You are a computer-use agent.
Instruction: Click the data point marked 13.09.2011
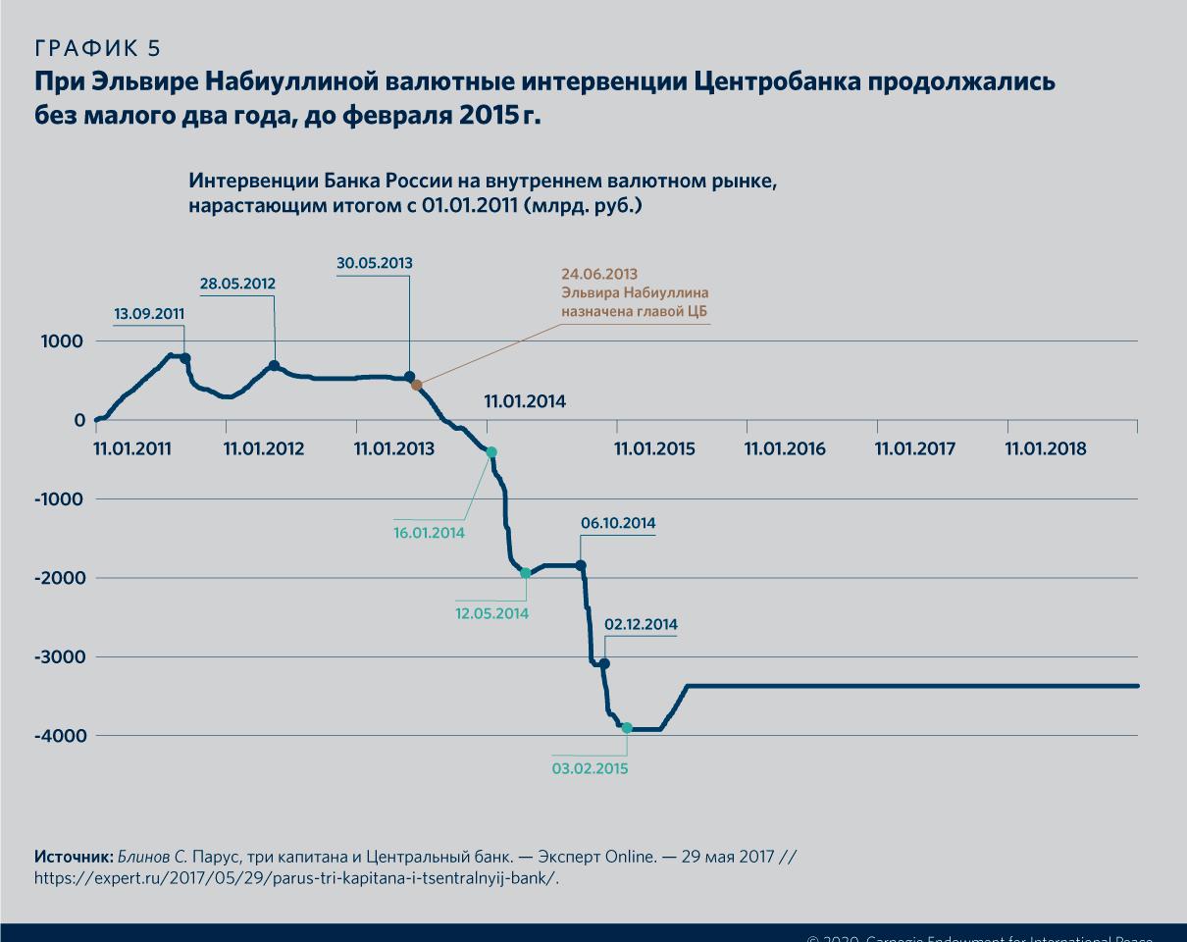coord(185,359)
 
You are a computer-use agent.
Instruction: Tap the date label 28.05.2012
coord(237,284)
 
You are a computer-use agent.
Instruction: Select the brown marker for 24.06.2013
coord(417,386)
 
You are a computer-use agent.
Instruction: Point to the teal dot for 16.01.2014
coord(491,452)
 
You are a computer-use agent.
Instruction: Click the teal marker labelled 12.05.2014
coord(526,573)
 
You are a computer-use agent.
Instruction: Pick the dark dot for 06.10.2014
coord(581,565)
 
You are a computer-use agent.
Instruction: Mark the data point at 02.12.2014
coord(604,664)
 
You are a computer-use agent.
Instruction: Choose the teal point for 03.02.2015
coord(627,728)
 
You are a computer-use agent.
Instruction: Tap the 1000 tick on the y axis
coord(63,341)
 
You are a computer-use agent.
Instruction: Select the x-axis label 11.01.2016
coord(785,448)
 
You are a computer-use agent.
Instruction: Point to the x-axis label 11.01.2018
coord(1046,448)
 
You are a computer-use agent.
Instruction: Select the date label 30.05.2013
coord(375,263)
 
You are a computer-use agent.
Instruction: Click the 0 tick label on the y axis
coord(78,420)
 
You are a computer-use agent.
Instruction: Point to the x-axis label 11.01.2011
coord(132,448)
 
